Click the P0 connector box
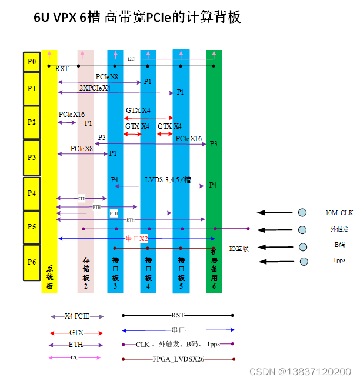(x=31, y=61)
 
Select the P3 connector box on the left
(x=31, y=158)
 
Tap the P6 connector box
(x=31, y=260)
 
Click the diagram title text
(x=137, y=18)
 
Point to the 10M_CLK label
(x=339, y=213)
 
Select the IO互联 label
(x=239, y=249)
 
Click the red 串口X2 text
(x=136, y=239)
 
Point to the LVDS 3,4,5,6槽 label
(x=168, y=180)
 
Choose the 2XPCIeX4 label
(x=95, y=88)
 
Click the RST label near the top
(x=62, y=69)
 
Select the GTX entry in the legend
(x=76, y=333)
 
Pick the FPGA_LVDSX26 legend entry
(x=178, y=359)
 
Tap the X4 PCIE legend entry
(x=76, y=316)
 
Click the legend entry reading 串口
(x=178, y=330)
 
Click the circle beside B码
(x=303, y=246)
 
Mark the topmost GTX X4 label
(x=138, y=111)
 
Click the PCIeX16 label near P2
(x=72, y=115)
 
